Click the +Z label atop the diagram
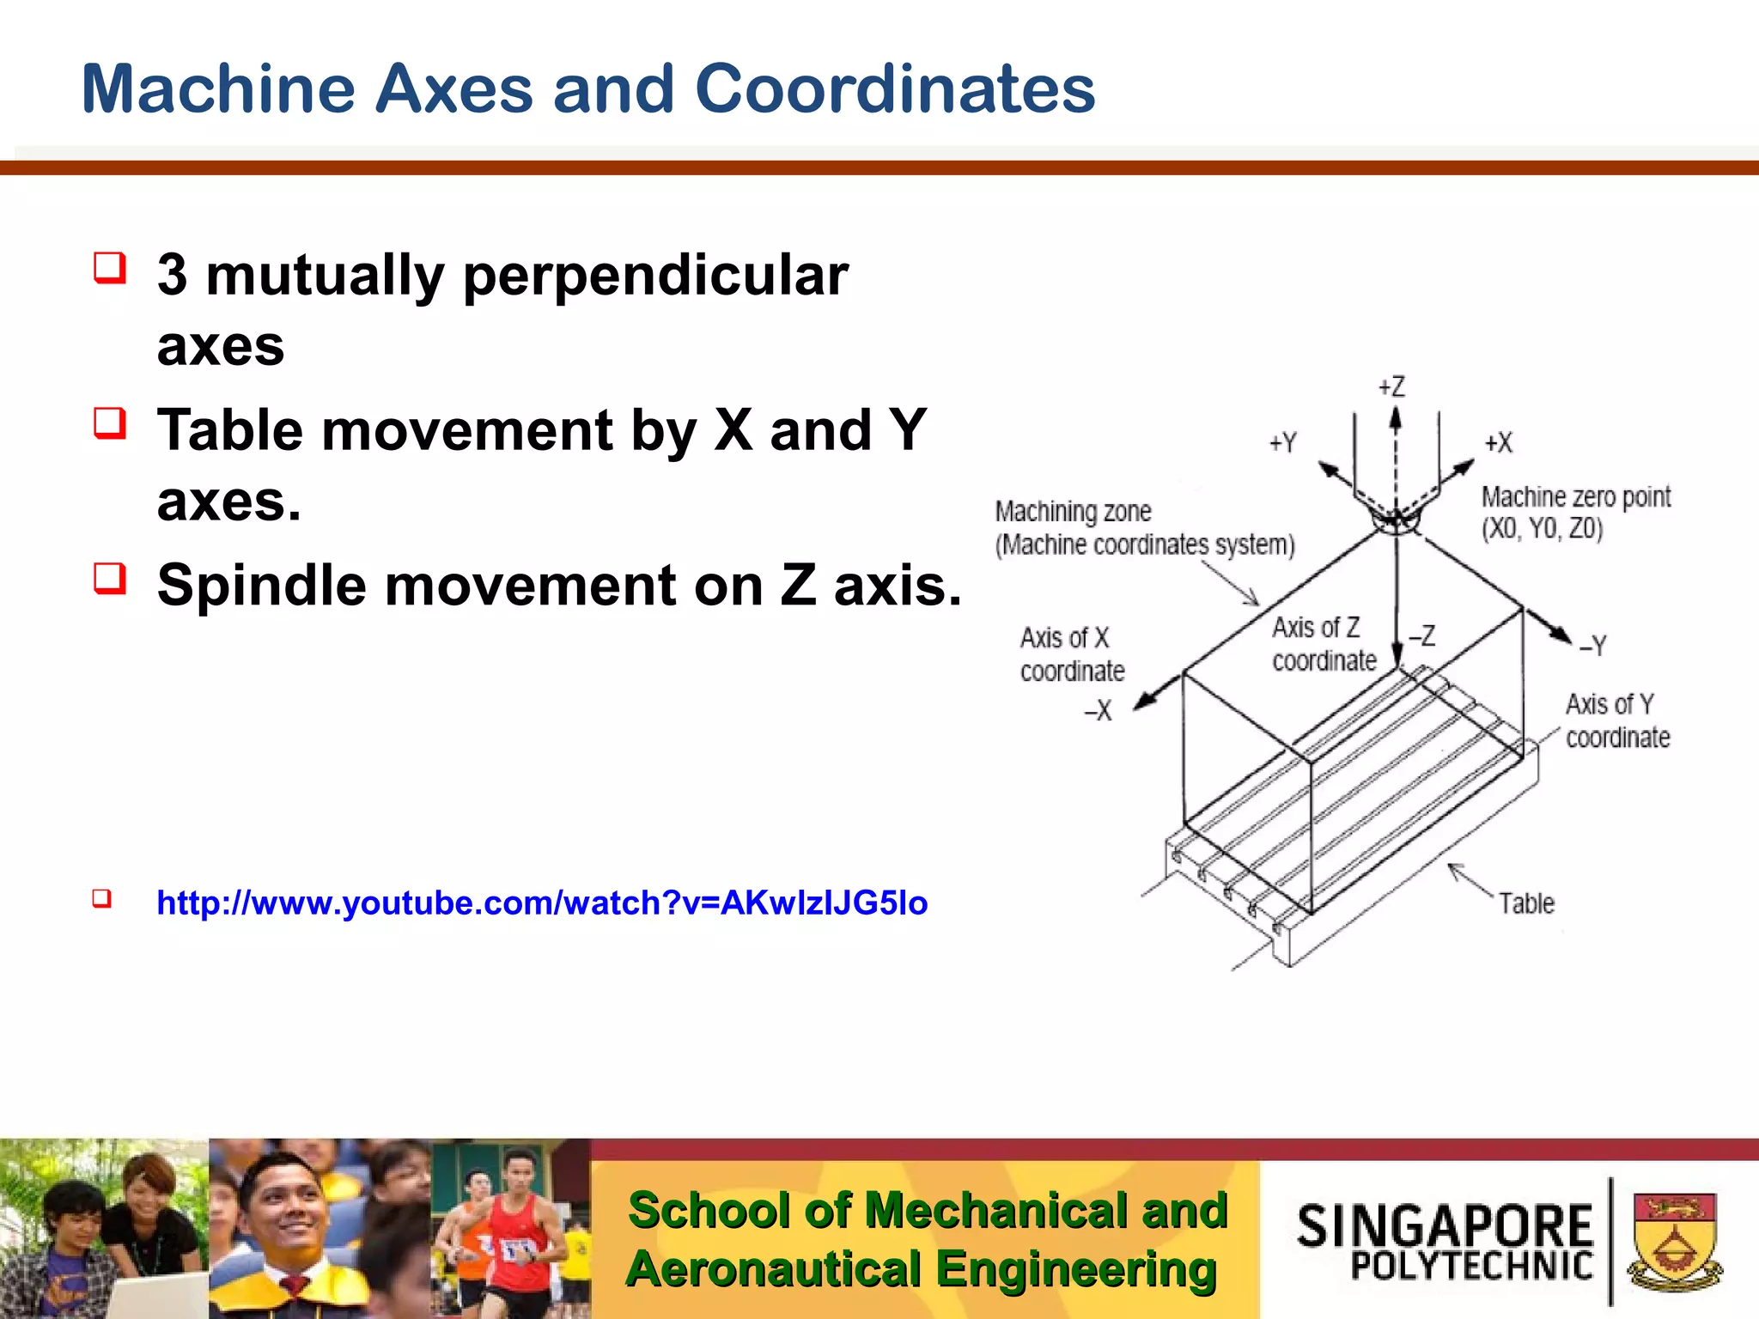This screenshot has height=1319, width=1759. coord(1391,387)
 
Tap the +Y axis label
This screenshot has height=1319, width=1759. coord(1283,443)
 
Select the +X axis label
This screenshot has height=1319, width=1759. coord(1499,443)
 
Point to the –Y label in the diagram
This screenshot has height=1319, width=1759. coord(1593,646)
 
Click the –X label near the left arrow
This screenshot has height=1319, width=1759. coord(1098,711)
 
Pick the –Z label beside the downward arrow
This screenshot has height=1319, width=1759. coord(1422,636)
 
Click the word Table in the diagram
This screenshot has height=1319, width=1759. coord(1526,904)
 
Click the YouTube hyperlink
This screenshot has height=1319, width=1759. coord(542,903)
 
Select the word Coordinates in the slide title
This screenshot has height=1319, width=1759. coord(894,89)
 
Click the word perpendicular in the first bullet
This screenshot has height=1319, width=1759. coord(655,276)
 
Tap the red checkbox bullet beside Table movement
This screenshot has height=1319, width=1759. coord(110,423)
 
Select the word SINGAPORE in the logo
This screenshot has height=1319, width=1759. coord(1445,1226)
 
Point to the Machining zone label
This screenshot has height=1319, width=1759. coord(1073,512)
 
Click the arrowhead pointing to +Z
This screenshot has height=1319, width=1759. coord(1396,418)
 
